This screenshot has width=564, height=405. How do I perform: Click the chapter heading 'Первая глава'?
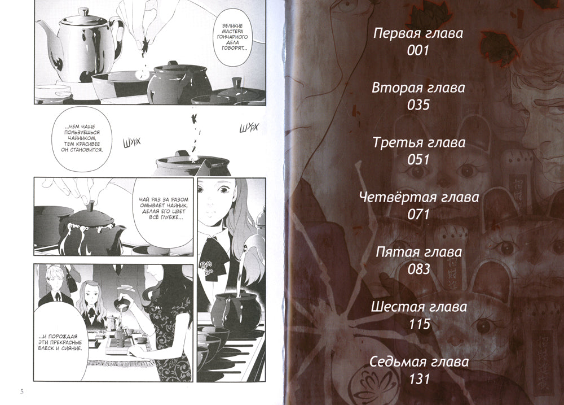(x=418, y=33)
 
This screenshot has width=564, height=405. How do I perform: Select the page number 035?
(x=418, y=105)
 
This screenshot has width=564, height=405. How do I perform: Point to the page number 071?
(x=418, y=215)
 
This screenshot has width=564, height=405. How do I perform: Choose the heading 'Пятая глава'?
(x=418, y=252)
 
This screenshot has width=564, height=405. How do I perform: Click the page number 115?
(x=418, y=324)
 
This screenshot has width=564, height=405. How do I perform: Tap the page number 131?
(x=418, y=380)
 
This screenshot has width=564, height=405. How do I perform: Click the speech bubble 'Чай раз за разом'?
(x=163, y=209)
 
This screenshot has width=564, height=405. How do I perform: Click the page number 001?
(x=418, y=51)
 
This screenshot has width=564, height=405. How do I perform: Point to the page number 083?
(x=418, y=269)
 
